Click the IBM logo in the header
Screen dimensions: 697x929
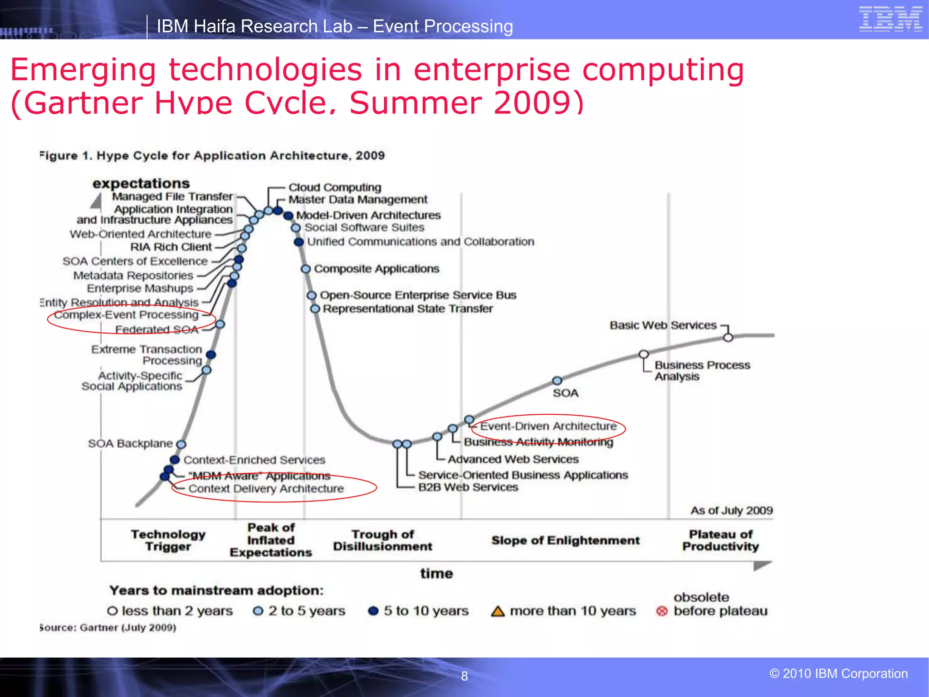click(x=890, y=19)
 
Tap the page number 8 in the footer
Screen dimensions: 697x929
click(x=464, y=676)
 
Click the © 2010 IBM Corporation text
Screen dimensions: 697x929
click(x=838, y=673)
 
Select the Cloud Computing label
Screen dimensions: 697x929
click(x=335, y=187)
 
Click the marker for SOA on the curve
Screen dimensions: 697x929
click(x=557, y=381)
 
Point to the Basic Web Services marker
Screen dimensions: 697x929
click(x=728, y=338)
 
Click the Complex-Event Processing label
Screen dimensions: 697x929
click(x=127, y=315)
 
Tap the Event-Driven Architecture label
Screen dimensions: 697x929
click(x=548, y=426)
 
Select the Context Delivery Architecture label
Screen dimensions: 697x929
click(x=266, y=489)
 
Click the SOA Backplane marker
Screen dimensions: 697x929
click(x=181, y=444)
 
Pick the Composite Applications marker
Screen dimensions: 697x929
click(x=306, y=269)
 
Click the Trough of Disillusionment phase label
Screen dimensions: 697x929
click(x=382, y=540)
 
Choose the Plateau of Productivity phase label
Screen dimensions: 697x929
click(x=720, y=540)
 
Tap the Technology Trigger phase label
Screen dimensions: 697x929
click(x=168, y=540)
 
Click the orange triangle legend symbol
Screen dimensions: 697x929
click(x=498, y=611)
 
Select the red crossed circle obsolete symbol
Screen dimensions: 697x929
click(x=662, y=611)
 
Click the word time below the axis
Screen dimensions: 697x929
click(x=436, y=574)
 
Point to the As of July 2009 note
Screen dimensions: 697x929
click(x=731, y=510)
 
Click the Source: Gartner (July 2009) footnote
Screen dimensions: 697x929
click(x=108, y=628)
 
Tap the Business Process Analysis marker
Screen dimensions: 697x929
click(x=643, y=354)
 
